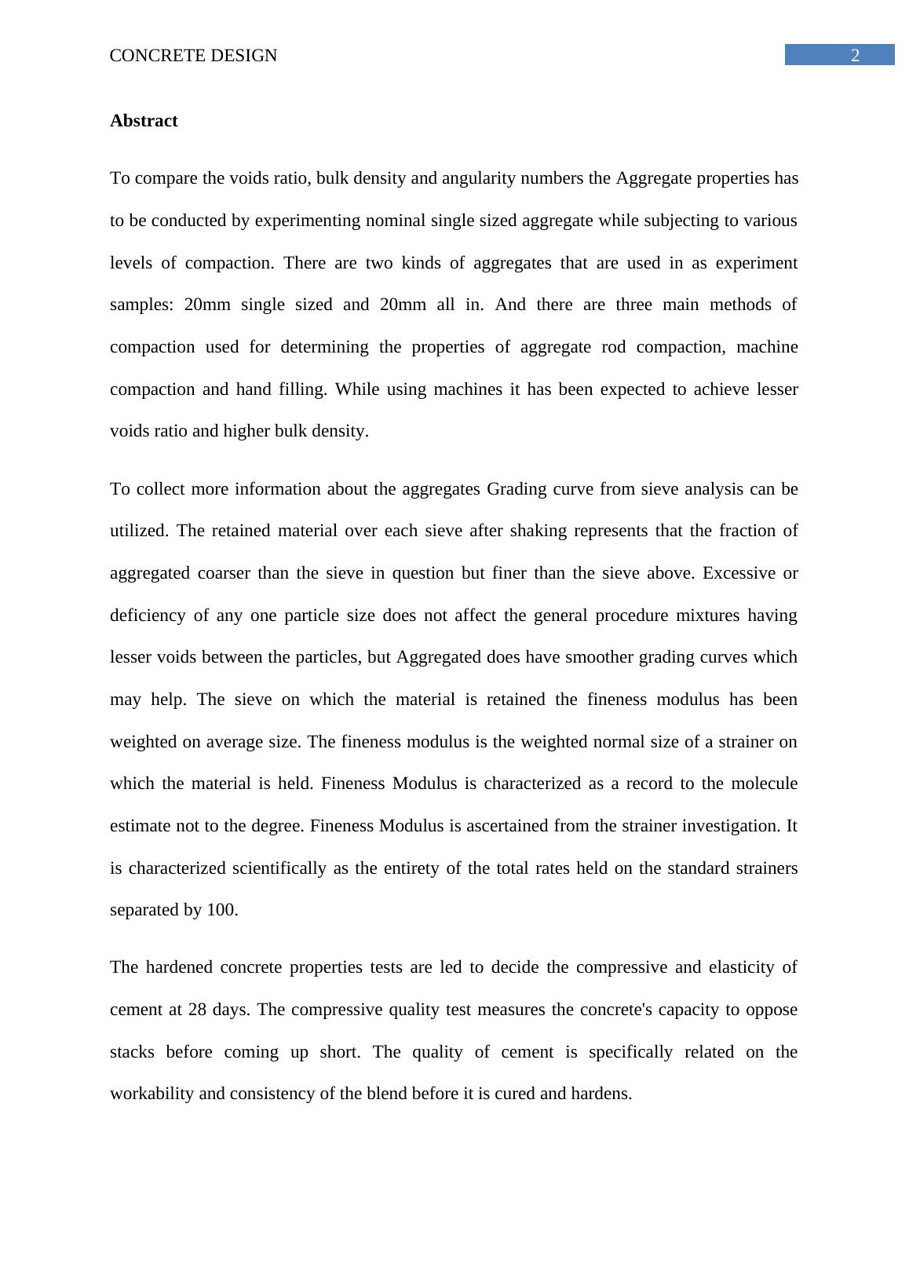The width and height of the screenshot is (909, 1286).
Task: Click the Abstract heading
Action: (x=144, y=121)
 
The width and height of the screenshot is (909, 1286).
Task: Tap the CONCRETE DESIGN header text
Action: (x=193, y=56)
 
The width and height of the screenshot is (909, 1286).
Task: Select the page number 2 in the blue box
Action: (x=855, y=56)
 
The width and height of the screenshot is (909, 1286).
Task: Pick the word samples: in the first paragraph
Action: (x=141, y=305)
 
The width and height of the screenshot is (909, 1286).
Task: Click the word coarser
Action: (x=222, y=573)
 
